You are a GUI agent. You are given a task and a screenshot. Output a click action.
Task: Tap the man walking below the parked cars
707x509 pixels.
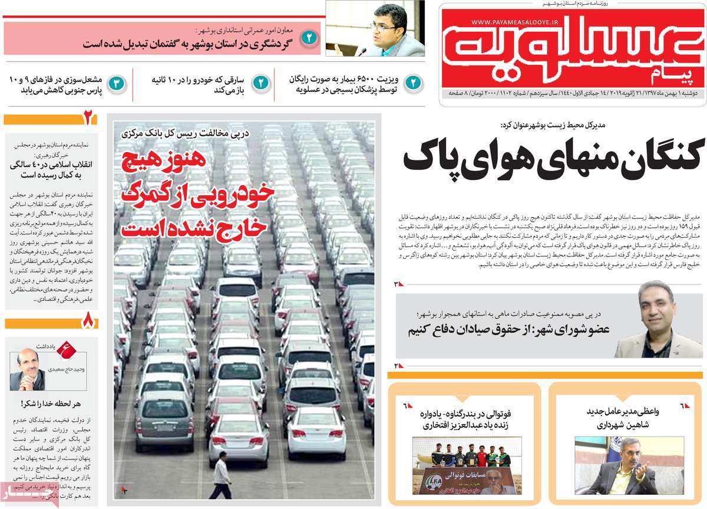pyautogui.click(x=222, y=475)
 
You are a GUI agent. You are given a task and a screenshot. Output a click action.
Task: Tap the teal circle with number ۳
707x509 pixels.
pyautogui.click(x=117, y=83)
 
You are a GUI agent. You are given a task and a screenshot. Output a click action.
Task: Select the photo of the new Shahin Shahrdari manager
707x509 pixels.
pyautogui.click(x=626, y=465)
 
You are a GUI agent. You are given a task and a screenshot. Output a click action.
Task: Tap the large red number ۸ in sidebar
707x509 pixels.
pyautogui.click(x=88, y=323)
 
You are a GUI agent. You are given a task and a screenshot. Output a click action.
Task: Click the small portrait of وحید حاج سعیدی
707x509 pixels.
pyautogui.click(x=27, y=370)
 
